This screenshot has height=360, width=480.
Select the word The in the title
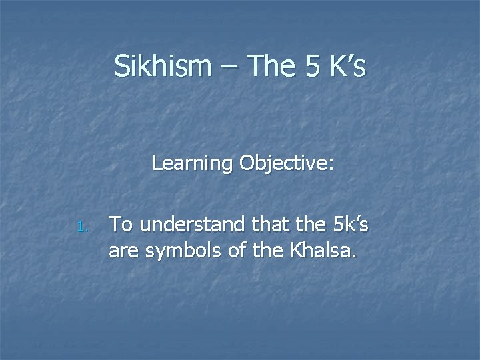pos(267,67)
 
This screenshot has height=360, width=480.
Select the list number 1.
pos(81,228)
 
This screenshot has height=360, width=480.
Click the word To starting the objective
pos(121,225)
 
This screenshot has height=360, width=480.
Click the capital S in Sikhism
pos(121,67)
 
